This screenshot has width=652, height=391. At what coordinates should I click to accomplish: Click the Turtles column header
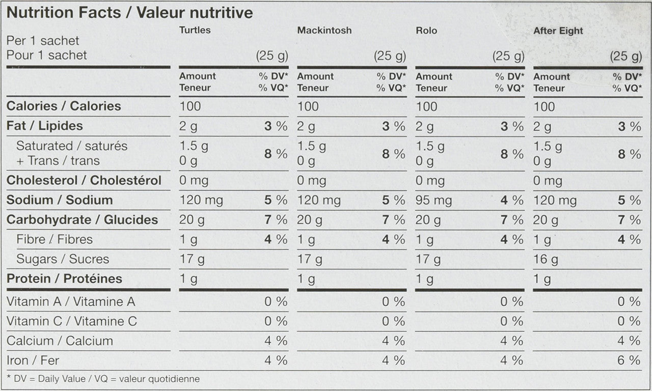(195, 30)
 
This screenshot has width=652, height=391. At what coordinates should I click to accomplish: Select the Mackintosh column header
(324, 31)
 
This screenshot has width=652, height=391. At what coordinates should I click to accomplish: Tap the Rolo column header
(426, 31)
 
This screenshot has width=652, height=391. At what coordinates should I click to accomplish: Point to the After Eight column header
(558, 31)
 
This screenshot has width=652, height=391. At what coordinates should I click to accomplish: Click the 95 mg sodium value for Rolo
(433, 201)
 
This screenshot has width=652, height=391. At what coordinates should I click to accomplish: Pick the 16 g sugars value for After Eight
(546, 260)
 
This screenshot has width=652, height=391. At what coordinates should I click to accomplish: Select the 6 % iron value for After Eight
(629, 360)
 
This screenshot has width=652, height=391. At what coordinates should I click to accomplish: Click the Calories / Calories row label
(64, 106)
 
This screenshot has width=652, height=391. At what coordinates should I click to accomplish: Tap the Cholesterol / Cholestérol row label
(84, 181)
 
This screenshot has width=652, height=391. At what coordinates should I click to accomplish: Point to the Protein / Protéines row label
(64, 279)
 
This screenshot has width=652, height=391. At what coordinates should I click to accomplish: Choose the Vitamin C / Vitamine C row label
(71, 321)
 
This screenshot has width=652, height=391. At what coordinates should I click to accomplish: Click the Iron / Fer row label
(33, 360)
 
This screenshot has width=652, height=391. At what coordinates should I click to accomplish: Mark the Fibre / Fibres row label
(55, 239)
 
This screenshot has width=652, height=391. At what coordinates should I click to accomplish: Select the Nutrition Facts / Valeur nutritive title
(129, 13)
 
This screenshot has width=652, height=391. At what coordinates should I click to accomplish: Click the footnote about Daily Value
(103, 379)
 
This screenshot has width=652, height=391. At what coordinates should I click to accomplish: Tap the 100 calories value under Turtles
(190, 106)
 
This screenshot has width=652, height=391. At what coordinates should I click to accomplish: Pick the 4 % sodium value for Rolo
(511, 201)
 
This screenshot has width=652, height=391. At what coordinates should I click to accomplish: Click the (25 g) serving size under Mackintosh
(390, 56)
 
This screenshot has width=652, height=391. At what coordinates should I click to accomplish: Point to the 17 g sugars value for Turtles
(192, 260)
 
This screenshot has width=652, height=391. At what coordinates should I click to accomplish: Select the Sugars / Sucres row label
(63, 259)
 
